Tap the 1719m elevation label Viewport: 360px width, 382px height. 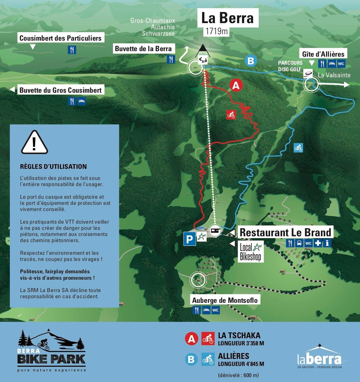[216, 31]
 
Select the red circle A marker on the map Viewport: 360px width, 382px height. [236, 86]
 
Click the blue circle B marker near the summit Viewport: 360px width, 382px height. [251, 61]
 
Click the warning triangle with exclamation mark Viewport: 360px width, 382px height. [34, 143]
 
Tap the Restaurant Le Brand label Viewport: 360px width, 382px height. [285, 232]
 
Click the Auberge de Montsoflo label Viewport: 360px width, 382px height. [225, 300]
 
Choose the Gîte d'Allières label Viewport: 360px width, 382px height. [323, 54]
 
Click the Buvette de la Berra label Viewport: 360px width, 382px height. [143, 49]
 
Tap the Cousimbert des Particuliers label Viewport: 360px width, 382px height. [60, 39]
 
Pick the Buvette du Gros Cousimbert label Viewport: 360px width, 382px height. [60, 91]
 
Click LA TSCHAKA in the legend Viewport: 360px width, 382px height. [239, 335]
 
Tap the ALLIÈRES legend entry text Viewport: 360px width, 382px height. [233, 356]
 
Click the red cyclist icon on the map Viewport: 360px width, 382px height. [231, 115]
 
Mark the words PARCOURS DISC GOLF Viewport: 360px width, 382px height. [290, 66]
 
